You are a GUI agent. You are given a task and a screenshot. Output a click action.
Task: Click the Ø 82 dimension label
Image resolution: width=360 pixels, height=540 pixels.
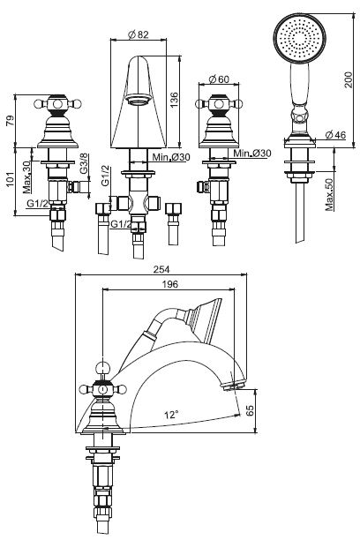(138, 34)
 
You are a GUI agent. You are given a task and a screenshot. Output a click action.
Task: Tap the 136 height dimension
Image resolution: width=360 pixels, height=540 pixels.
(174, 100)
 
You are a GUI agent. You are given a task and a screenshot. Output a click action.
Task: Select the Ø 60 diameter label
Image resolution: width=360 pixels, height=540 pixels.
(219, 79)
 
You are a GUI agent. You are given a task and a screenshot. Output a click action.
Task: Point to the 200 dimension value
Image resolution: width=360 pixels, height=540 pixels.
(349, 79)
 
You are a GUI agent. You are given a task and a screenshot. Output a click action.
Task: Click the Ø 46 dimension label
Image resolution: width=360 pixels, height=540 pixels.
(335, 135)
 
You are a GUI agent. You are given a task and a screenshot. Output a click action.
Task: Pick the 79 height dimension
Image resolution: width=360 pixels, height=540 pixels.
(11, 120)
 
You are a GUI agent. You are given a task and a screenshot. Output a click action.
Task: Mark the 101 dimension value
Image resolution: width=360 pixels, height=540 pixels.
(11, 179)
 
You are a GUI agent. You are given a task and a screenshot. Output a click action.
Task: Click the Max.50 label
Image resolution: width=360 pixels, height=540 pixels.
(329, 194)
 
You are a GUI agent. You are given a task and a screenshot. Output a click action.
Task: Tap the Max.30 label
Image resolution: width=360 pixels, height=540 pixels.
(26, 177)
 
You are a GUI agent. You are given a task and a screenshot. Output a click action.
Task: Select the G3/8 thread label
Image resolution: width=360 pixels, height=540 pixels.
(85, 164)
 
